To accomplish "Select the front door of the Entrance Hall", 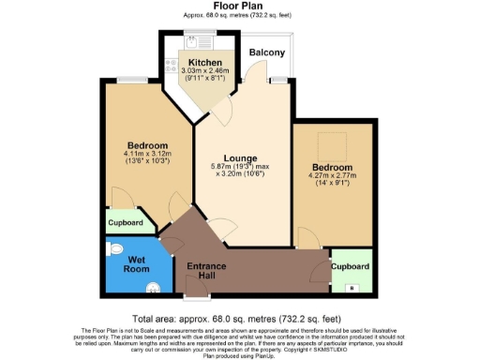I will (x=195, y=299).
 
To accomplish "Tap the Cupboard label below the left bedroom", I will (x=125, y=223).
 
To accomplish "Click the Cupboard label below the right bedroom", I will (x=352, y=264).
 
